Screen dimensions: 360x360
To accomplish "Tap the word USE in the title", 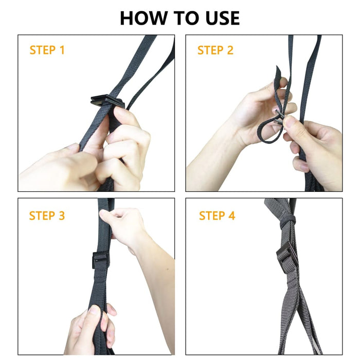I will pyautogui.click(x=218, y=18).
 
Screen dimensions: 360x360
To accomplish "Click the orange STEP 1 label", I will pyautogui.click(x=47, y=50).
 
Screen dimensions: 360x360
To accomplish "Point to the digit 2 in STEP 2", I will pyautogui.click(x=230, y=50).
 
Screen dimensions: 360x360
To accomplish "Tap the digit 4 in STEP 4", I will pyautogui.click(x=231, y=215).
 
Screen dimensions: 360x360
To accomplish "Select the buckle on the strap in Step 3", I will pyautogui.click(x=101, y=260).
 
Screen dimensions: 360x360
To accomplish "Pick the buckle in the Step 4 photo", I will pyautogui.click(x=286, y=257).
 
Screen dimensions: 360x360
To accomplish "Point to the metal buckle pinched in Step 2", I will pyautogui.click(x=279, y=116).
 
